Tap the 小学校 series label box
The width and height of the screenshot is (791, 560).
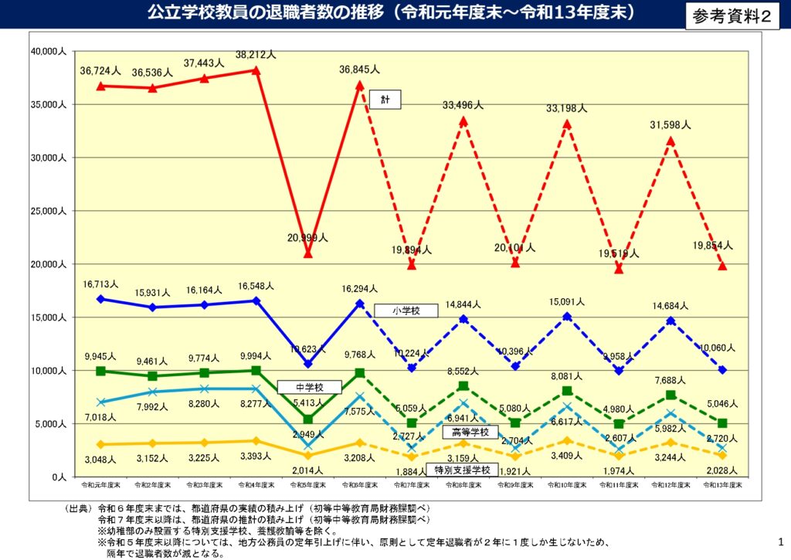pyautogui.click(x=406, y=310)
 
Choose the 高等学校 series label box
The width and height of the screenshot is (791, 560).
pyautogui.click(x=470, y=432)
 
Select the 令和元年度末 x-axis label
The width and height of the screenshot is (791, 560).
pyautogui.click(x=100, y=485)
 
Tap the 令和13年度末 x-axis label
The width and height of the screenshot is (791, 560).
pyautogui.click(x=722, y=485)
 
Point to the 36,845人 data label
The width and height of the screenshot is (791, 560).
pyautogui.click(x=359, y=70)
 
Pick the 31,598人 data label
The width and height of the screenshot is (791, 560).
pyautogui.click(x=670, y=125)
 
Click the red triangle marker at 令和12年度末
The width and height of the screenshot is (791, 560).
pyautogui.click(x=670, y=141)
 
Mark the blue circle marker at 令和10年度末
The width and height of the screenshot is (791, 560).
pyautogui.click(x=567, y=316)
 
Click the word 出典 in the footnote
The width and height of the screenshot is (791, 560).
pyautogui.click(x=78, y=509)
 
